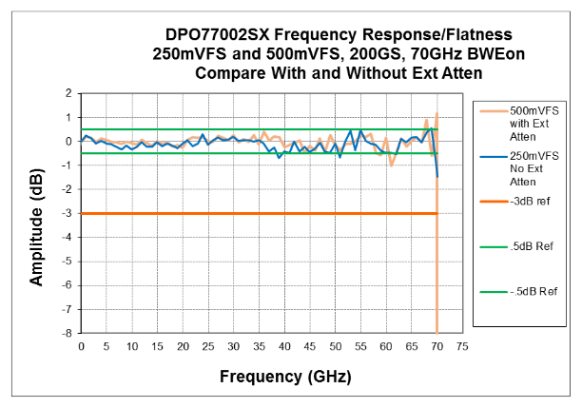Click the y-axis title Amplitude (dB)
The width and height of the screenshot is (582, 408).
coord(36,214)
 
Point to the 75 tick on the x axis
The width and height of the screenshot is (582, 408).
coord(462,346)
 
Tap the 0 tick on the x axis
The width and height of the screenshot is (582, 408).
coord(82,346)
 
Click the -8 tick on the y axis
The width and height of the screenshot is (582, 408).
coord(66,333)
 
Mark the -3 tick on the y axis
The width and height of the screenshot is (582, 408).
coord(66,213)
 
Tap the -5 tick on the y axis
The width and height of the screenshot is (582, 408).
coord(66,262)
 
